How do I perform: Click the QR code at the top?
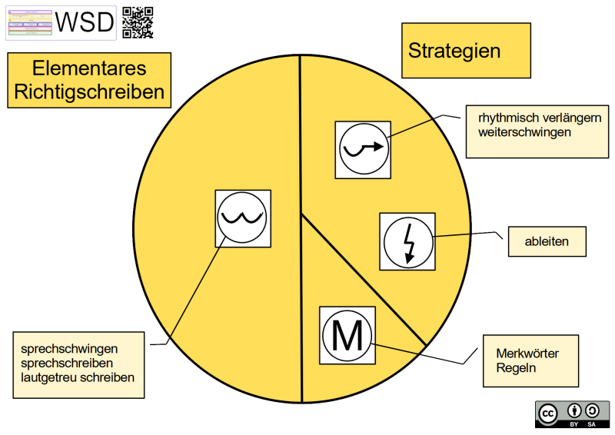point(138,22)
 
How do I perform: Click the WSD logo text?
point(85,23)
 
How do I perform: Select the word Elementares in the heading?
point(89,68)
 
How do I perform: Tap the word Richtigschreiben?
point(89,92)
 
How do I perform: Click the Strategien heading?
point(454,51)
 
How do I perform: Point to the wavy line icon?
point(242,218)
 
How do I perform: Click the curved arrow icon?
point(364,149)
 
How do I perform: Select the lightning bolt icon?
point(407,241)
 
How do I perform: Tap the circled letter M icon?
point(347,334)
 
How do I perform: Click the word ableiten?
point(547,241)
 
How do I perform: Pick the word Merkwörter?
point(527,354)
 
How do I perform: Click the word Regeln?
point(516,368)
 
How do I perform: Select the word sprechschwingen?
point(70,348)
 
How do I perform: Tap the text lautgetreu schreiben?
point(78,377)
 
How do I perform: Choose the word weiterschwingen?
point(524,132)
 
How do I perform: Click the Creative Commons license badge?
point(572,412)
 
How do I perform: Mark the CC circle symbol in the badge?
point(548,413)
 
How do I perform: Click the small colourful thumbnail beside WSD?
point(29,23)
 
